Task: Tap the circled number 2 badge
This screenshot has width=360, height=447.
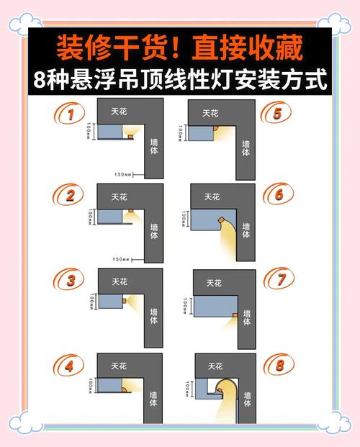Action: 70,196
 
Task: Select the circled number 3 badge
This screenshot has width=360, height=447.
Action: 70,281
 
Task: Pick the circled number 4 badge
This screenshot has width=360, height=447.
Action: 70,366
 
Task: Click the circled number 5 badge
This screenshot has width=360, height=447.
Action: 277,114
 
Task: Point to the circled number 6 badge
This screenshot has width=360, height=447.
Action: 277,196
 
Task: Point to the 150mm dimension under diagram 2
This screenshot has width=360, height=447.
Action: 120,259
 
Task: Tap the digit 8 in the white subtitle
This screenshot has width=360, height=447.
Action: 40,80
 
